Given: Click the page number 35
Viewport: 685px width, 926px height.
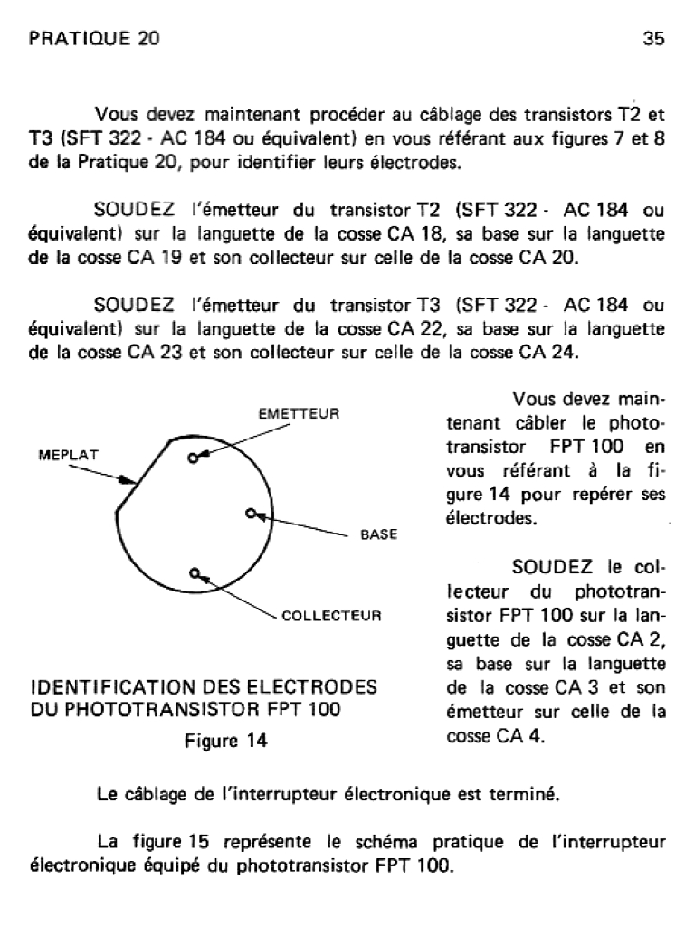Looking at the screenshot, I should click(653, 39).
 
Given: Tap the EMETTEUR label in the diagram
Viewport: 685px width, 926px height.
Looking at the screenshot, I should click(299, 413).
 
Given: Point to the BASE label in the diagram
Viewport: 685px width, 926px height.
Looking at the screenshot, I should click(379, 534).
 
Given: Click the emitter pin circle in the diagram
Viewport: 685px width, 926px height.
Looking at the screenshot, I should click(192, 458).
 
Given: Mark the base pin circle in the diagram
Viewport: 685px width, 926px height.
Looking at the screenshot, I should click(251, 514).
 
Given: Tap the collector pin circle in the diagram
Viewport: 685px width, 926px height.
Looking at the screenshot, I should click(194, 572).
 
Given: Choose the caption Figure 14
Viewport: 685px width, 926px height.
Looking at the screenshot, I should click(226, 741).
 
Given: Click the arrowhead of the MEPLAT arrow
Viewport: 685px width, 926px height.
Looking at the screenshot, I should click(134, 479).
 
